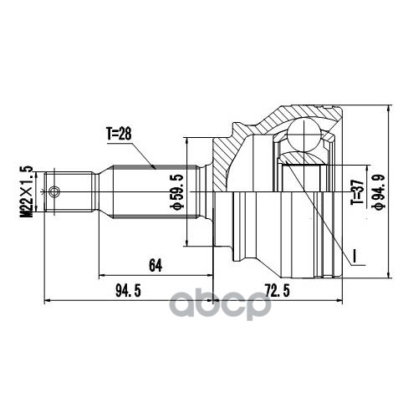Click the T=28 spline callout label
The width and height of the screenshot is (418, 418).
point(119,135)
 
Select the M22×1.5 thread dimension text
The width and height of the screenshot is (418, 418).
point(26,191)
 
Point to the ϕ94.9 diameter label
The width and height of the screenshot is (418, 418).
point(379,191)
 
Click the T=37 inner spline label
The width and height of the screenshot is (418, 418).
point(357,191)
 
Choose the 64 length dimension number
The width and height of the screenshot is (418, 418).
point(155,265)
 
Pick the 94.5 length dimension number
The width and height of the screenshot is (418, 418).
point(128,291)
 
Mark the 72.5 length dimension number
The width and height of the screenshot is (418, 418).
point(278,291)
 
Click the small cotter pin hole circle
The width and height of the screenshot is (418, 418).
point(54,191)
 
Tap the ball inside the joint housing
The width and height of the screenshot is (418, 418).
point(303,135)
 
